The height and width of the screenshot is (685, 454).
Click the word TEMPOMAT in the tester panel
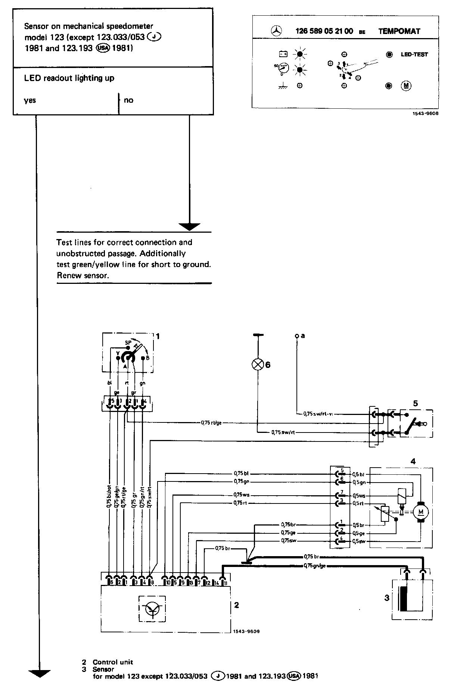pyautogui.click(x=399, y=31)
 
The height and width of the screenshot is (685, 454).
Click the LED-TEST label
pyautogui.click(x=414, y=54)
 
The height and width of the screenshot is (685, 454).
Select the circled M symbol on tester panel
pyautogui.click(x=406, y=86)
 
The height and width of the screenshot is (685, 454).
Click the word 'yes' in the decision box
pyautogui.click(x=30, y=100)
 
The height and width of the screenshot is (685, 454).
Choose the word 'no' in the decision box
pyautogui.click(x=128, y=100)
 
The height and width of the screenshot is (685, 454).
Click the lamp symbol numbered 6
pyautogui.click(x=258, y=365)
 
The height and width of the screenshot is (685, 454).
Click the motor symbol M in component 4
pyautogui.click(x=422, y=511)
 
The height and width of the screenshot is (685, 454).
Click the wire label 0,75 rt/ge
pyautogui.click(x=211, y=423)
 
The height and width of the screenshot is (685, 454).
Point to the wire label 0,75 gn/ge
pyautogui.click(x=314, y=566)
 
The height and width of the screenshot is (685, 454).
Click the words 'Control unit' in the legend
pyautogui.click(x=113, y=662)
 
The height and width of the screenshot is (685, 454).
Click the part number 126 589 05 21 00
pyautogui.click(x=324, y=31)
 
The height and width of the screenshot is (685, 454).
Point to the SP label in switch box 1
pyautogui.click(x=127, y=342)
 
